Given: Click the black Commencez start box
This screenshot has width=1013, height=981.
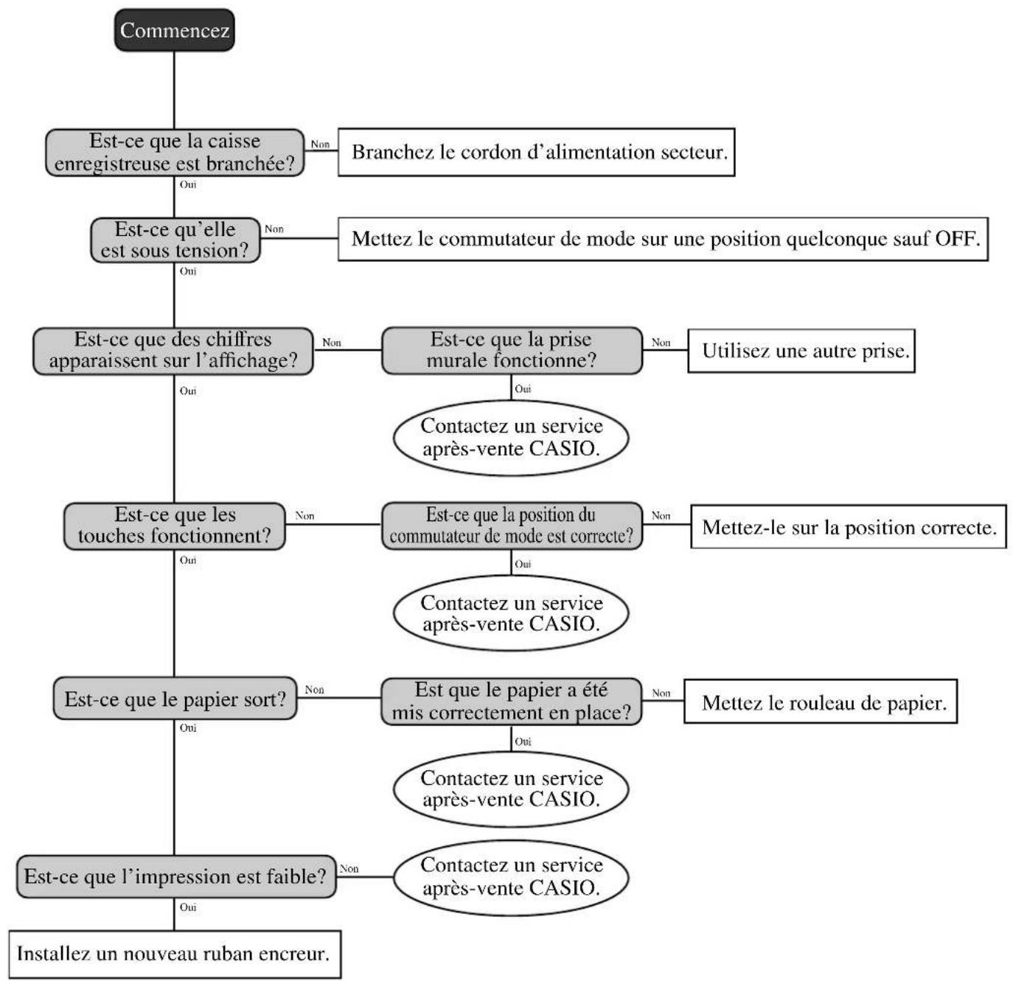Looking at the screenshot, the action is [x=175, y=30].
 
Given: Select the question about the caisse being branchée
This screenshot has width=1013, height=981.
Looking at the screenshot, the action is [x=175, y=153].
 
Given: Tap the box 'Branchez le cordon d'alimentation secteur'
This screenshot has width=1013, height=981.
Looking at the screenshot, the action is [x=536, y=153].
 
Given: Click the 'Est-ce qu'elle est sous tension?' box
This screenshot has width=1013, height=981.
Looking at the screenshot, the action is [x=175, y=240].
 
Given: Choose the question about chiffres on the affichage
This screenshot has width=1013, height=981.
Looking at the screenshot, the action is [x=173, y=351].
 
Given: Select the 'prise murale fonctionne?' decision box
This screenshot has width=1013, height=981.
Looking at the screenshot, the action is [x=512, y=350].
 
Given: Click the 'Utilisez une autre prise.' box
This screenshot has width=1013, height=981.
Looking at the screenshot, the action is [x=801, y=351].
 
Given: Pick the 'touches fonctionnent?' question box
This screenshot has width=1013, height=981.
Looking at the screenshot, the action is [x=175, y=526].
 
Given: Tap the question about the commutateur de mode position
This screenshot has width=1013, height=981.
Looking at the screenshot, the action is [x=512, y=526].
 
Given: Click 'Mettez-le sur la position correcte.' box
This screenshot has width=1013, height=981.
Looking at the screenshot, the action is [x=849, y=526].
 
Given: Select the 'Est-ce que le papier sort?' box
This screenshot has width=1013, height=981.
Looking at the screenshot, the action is [x=175, y=699].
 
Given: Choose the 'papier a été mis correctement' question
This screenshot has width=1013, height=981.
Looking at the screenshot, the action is [x=511, y=702].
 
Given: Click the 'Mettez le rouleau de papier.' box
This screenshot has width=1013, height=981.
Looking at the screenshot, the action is [x=821, y=701].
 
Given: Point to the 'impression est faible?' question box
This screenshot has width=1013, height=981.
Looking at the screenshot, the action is [x=176, y=876].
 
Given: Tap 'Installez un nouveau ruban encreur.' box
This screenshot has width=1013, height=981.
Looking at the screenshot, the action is [x=175, y=954].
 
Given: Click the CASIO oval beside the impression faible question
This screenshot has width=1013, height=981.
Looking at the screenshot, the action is [x=511, y=877].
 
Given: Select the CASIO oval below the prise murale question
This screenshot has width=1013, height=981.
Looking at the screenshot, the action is [x=511, y=438].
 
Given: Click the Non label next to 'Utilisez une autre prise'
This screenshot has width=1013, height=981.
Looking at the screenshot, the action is [x=661, y=343].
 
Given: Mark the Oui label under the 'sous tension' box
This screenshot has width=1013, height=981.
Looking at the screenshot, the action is [x=188, y=271].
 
